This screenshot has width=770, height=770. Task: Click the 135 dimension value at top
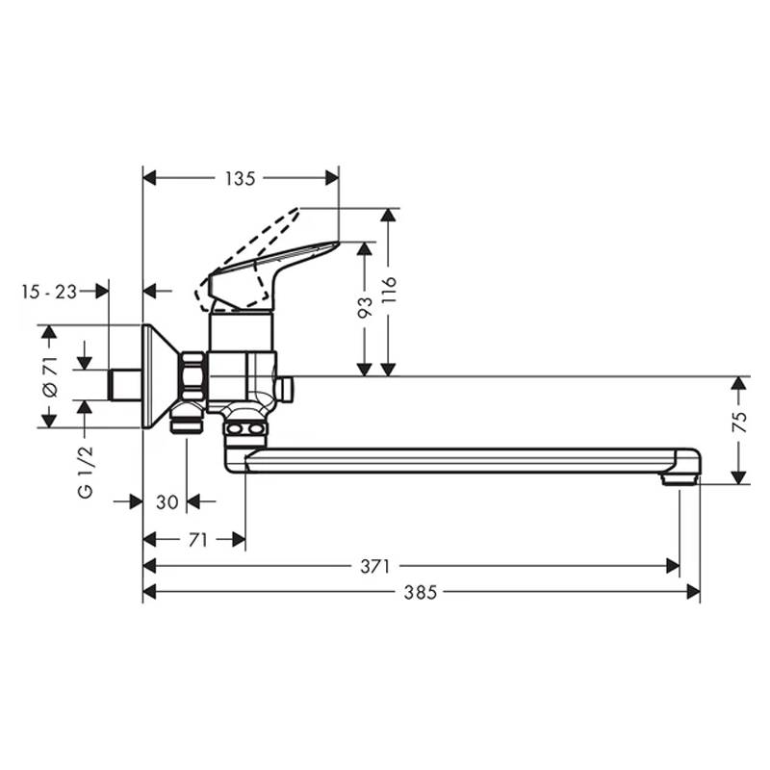pyautogui.click(x=240, y=178)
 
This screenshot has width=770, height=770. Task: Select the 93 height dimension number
pyautogui.click(x=365, y=307)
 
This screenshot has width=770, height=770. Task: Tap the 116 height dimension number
pyautogui.click(x=389, y=290)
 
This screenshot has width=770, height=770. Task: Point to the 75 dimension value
pyautogui.click(x=739, y=422)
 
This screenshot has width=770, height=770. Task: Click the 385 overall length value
pyautogui.click(x=421, y=592)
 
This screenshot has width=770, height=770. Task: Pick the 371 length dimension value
pyautogui.click(x=374, y=566)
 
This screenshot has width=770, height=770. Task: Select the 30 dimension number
pyautogui.click(x=167, y=501)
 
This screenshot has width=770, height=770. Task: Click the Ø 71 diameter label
pyautogui.click(x=50, y=376)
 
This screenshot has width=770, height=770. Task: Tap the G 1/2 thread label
pyautogui.click(x=86, y=473)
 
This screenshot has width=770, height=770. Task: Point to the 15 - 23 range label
pyautogui.click(x=49, y=293)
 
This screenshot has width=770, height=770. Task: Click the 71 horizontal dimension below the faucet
pyautogui.click(x=198, y=540)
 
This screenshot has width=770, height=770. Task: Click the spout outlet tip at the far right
pyautogui.click(x=680, y=479)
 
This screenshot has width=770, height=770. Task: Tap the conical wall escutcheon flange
pyautogui.click(x=159, y=376)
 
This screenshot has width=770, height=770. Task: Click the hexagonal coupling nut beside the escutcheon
pyautogui.click(x=193, y=376)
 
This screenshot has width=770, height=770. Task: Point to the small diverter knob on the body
pyautogui.click(x=284, y=388)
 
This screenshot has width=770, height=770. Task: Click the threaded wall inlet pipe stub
pyautogui.click(x=125, y=384)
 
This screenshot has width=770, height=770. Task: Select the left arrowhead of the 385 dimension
pyautogui.click(x=149, y=592)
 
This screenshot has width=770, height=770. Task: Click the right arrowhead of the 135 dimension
pyautogui.click(x=332, y=178)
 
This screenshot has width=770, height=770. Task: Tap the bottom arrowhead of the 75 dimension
pyautogui.click(x=739, y=477)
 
